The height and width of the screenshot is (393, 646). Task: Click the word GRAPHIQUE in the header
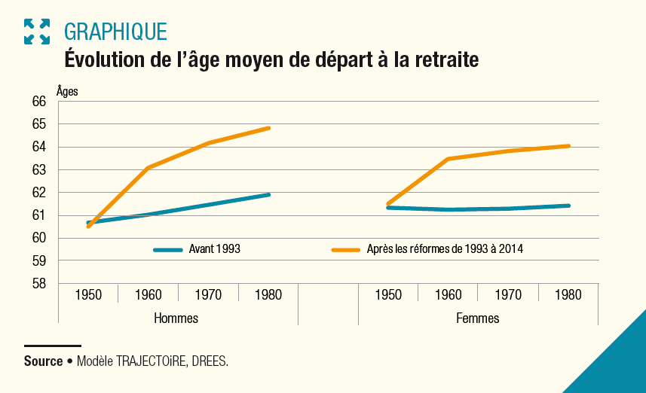pyautogui.click(x=115, y=32)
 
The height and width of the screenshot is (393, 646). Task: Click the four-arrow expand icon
pyautogui.click(x=36, y=32)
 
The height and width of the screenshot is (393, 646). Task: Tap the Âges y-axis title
pyautogui.click(x=67, y=91)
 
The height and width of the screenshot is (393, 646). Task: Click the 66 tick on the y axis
pyautogui.click(x=39, y=102)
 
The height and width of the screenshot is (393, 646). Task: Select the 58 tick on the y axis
pyautogui.click(x=39, y=284)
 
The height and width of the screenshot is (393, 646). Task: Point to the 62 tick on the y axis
pyautogui.click(x=39, y=193)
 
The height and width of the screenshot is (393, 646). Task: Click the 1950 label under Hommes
pyautogui.click(x=88, y=295)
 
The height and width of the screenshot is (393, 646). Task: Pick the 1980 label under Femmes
pyautogui.click(x=568, y=295)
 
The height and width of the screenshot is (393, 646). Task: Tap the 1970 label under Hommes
pyautogui.click(x=208, y=295)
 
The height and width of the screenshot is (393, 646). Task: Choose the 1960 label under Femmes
pyautogui.click(x=448, y=295)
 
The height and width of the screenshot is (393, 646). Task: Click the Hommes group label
pyautogui.click(x=176, y=318)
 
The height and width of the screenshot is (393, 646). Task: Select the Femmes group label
pyautogui.click(x=478, y=318)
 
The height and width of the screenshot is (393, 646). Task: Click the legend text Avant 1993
pyautogui.click(x=215, y=249)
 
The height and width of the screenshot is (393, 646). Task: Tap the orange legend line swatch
pyautogui.click(x=346, y=249)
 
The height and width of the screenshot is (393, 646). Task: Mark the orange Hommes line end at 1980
pyautogui.click(x=268, y=128)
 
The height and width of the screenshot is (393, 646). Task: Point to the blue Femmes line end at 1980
pyautogui.click(x=568, y=206)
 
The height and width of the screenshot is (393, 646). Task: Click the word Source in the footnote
pyautogui.click(x=43, y=361)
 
